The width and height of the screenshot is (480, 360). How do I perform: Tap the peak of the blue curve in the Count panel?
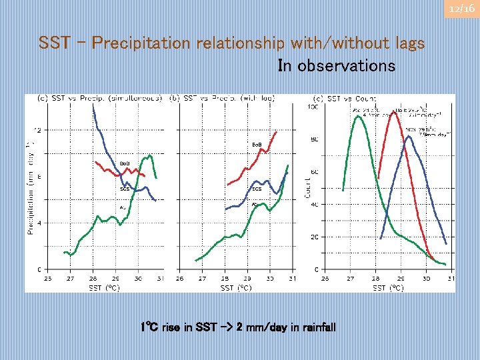click(x=408, y=137)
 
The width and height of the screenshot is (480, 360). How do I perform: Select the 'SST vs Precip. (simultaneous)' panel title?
click(x=99, y=99)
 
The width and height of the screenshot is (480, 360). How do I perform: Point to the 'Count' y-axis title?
click(x=309, y=187)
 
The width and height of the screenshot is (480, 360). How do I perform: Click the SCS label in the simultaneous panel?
click(x=125, y=189)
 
